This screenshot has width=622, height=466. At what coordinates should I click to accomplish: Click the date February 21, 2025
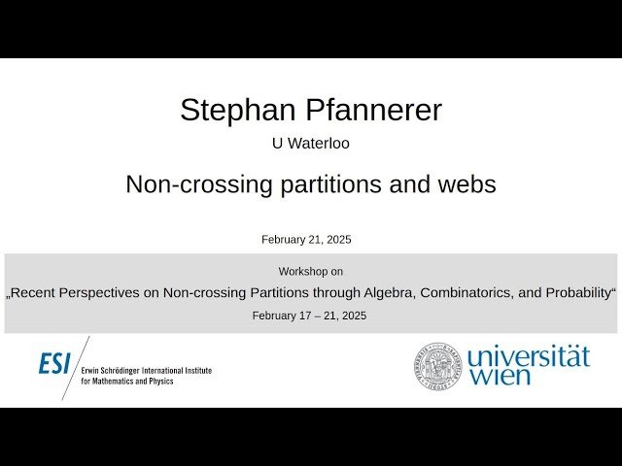[x=306, y=240]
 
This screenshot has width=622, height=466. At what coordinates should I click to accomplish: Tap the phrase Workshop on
[x=310, y=272]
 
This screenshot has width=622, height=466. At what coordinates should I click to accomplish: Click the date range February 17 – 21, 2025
[x=309, y=316]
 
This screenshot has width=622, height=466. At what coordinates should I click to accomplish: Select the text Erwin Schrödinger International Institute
[x=146, y=371]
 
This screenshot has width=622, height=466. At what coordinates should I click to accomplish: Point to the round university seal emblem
[x=437, y=365]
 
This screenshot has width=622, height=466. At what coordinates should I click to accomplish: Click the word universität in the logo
[x=528, y=356]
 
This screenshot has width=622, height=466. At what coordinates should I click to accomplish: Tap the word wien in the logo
[x=501, y=377]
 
